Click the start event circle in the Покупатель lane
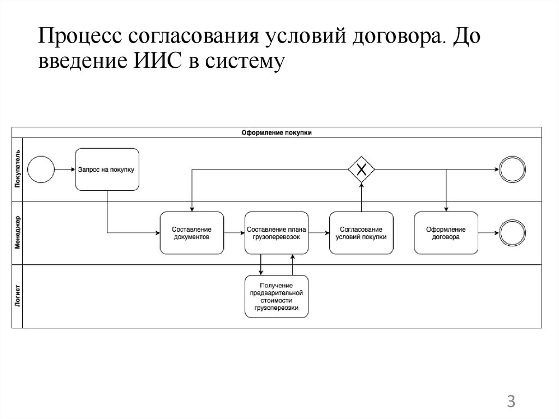(x=41, y=169)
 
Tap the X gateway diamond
(x=361, y=169)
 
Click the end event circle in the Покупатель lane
(x=512, y=169)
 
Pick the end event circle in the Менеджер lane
(x=512, y=233)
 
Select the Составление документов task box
(x=192, y=233)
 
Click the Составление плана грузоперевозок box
(x=277, y=233)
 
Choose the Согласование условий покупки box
(x=361, y=233)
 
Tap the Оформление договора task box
(x=446, y=233)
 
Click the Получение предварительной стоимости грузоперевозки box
(x=277, y=297)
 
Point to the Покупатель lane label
(x=17, y=169)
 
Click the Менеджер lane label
(x=17, y=233)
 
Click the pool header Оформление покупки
(x=277, y=132)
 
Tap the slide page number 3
(x=511, y=402)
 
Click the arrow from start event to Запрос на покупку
(x=65, y=169)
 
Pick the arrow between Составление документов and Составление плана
(x=234, y=233)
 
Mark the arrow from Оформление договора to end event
(x=488, y=233)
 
